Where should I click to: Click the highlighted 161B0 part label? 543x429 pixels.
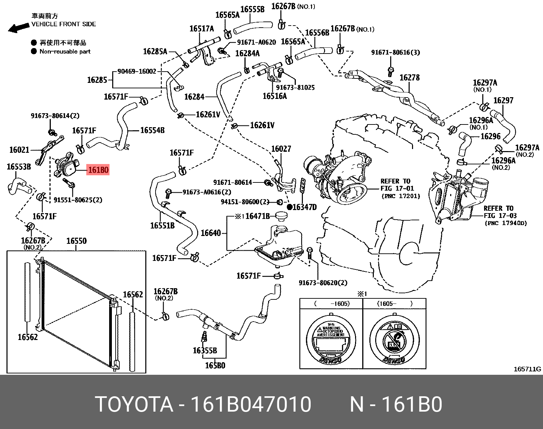tap(98, 169)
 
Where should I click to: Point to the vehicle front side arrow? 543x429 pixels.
tap(18, 28)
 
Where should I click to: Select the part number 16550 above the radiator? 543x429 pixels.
tap(76, 241)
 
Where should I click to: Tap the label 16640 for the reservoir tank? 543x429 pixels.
tap(210, 233)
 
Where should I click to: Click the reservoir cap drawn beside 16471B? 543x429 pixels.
tap(281, 216)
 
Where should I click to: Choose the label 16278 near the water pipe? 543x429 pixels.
tap(409, 78)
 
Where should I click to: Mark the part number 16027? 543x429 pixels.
tap(281, 149)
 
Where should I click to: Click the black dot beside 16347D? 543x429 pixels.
tap(289, 207)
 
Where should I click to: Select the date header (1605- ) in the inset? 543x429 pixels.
tap(395, 304)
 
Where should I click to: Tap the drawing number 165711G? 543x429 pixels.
tap(527, 369)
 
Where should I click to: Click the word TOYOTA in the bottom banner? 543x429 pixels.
tap(134, 404)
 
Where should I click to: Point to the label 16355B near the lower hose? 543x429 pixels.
tap(205, 351)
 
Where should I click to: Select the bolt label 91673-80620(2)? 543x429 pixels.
tap(323, 283)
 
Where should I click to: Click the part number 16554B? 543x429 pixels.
tap(152, 130)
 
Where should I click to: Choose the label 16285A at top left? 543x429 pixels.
tap(155, 51)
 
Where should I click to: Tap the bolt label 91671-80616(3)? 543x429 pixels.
tap(395, 52)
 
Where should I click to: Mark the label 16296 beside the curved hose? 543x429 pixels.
tap(490, 136)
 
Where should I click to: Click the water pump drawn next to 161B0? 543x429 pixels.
tap(66, 165)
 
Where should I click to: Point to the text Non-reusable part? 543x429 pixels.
tap(65, 51)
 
